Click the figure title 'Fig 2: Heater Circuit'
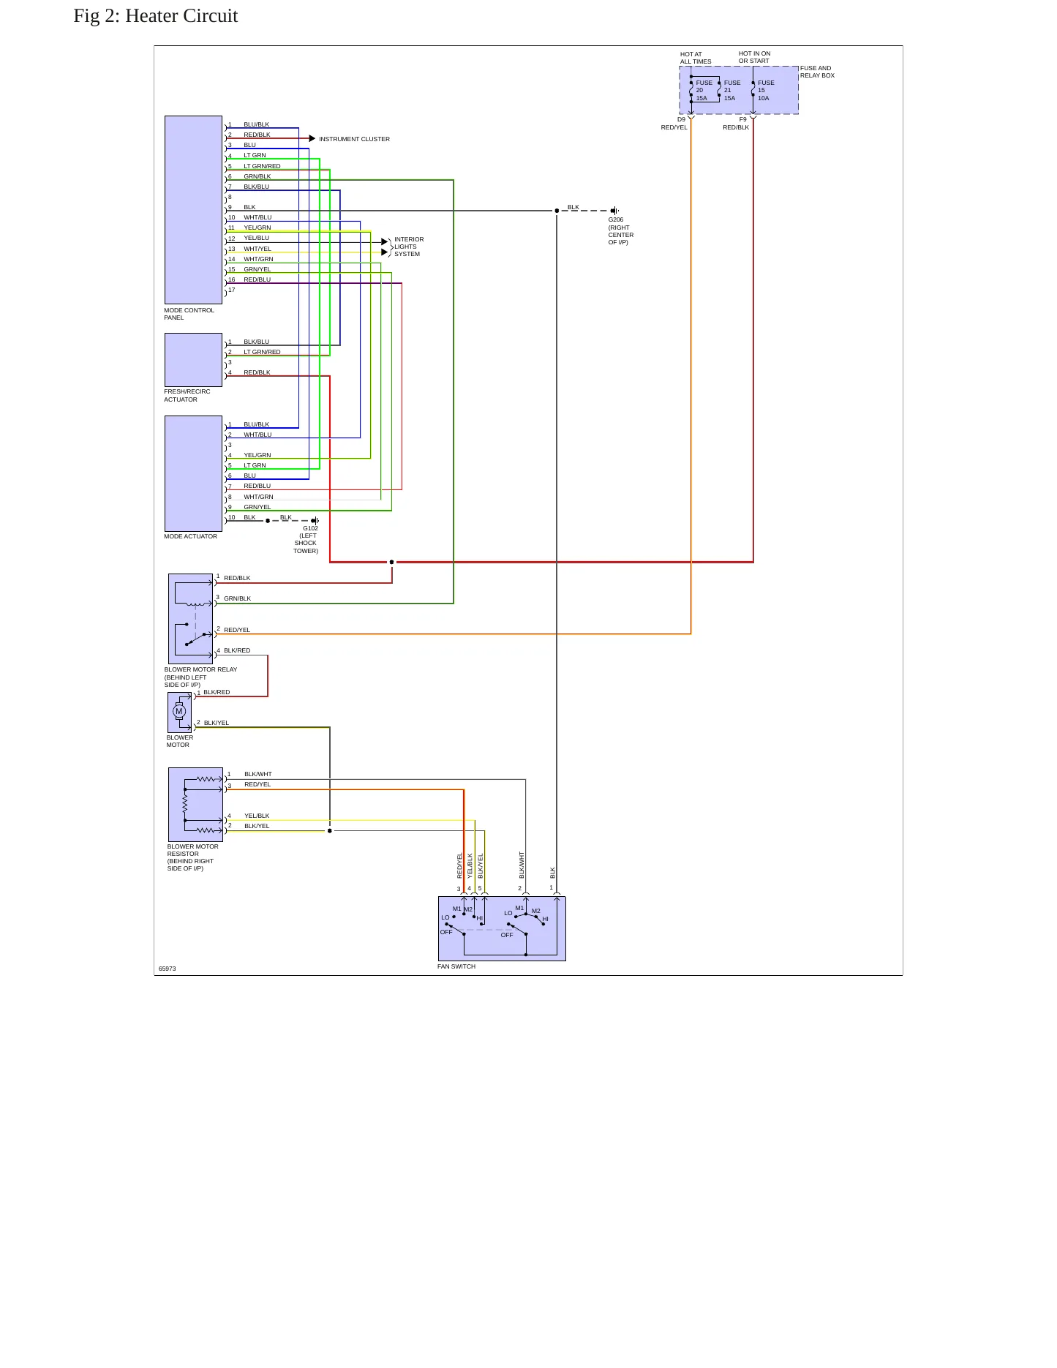pyautogui.click(x=156, y=16)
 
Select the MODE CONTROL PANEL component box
pyautogui.click(x=193, y=210)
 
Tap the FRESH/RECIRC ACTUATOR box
pyautogui.click(x=193, y=360)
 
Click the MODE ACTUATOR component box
pyautogui.click(x=193, y=473)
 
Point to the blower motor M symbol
pyautogui.click(x=179, y=712)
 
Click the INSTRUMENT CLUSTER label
pyautogui.click(x=354, y=139)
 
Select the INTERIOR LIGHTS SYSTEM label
pyautogui.click(x=409, y=247)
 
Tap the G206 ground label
pyautogui.click(x=621, y=231)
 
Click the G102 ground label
pyautogui.click(x=306, y=539)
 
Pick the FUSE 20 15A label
pyautogui.click(x=704, y=91)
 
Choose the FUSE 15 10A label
pyautogui.click(x=766, y=91)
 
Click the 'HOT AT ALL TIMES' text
pyautogui.click(x=696, y=58)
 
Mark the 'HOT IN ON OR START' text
pyautogui.click(x=754, y=57)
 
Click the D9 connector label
pyautogui.click(x=681, y=119)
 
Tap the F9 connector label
pyautogui.click(x=742, y=119)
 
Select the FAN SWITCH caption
pyautogui.click(x=456, y=966)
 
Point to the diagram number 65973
pyautogui.click(x=168, y=969)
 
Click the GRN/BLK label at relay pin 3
pyautogui.click(x=237, y=598)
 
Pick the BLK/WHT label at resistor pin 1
pyautogui.click(x=257, y=774)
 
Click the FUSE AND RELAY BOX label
pyautogui.click(x=817, y=72)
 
